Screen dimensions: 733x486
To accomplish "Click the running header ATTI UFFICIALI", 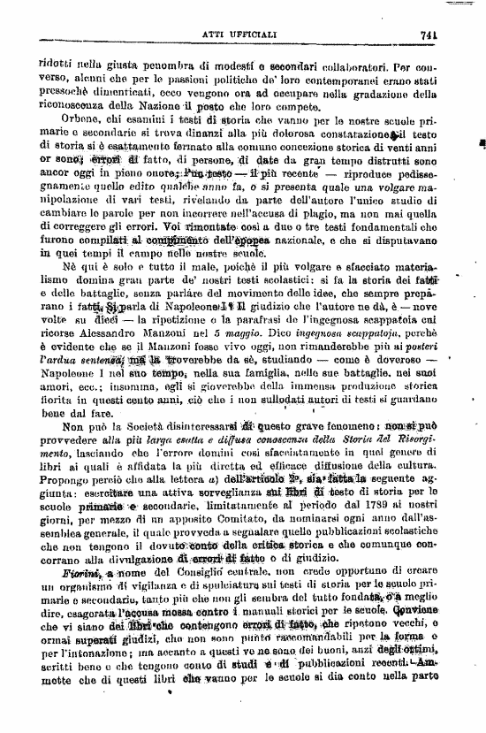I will pos(244,36).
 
